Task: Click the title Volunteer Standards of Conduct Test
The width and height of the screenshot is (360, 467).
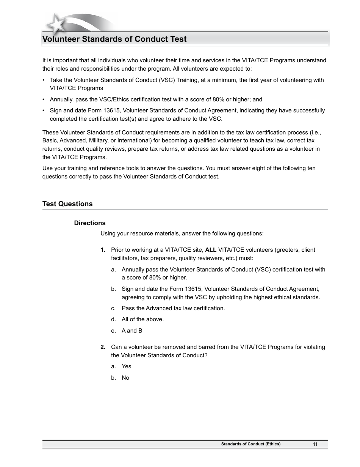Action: (x=114, y=39)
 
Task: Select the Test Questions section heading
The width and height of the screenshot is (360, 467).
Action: (x=67, y=204)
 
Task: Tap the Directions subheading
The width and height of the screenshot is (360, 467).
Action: (x=90, y=223)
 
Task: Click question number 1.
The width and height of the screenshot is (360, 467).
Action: (x=103, y=250)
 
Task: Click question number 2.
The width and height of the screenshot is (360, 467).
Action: (x=103, y=347)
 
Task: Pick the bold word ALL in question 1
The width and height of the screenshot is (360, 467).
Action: (x=211, y=250)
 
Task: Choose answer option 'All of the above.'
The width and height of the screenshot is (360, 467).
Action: (x=142, y=319)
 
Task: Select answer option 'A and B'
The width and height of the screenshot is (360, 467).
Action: (x=132, y=331)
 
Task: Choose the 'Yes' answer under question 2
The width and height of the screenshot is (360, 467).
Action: (x=126, y=366)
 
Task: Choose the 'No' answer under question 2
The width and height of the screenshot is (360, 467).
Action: (x=125, y=378)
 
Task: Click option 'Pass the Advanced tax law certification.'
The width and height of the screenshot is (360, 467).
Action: (x=173, y=308)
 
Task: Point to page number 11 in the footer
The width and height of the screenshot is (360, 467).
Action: (x=315, y=444)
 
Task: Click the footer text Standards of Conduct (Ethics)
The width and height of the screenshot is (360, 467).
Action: (x=251, y=444)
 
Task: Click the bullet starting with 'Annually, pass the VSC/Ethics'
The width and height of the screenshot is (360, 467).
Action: (x=156, y=99)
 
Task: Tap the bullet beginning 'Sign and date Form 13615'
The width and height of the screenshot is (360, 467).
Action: (x=187, y=114)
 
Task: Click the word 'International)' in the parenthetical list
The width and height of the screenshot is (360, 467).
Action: (x=133, y=140)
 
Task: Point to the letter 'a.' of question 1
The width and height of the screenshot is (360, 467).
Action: (x=113, y=270)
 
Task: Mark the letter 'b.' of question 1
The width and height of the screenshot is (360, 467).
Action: (x=113, y=289)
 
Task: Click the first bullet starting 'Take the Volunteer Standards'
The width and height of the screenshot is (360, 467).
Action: (x=186, y=84)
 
